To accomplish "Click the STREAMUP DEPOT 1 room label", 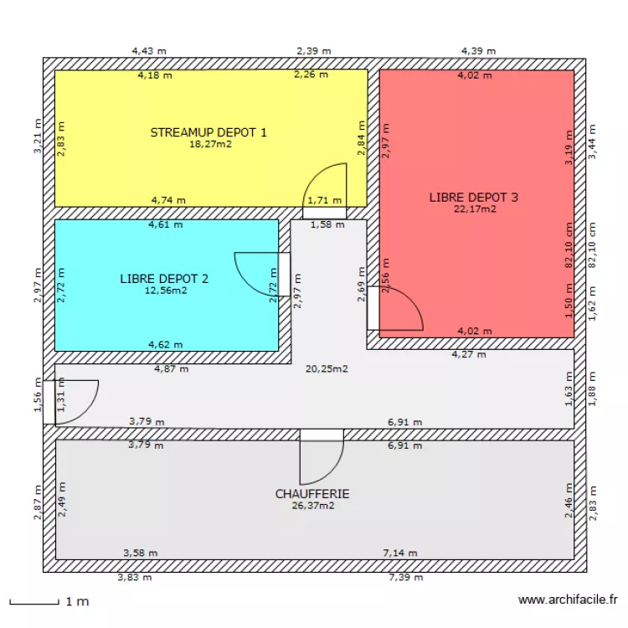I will click(208, 132).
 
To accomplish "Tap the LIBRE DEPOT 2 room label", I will click(164, 279).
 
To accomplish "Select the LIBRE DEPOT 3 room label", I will click(474, 198).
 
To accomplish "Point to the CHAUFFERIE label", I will click(312, 494).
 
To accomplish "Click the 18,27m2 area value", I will click(209, 144).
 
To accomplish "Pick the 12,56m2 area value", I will click(164, 291).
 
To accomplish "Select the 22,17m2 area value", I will click(475, 209).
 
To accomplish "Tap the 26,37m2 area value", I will click(312, 506).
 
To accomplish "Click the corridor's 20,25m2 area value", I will click(327, 368).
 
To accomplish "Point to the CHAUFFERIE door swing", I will click(320, 456).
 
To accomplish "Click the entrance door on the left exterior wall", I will click(74, 400).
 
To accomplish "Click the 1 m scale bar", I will click(33, 601).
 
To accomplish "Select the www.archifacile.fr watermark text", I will click(568, 600).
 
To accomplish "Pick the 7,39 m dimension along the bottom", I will click(405, 577).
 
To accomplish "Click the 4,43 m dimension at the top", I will click(149, 50).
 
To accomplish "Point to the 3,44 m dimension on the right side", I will click(592, 142).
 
